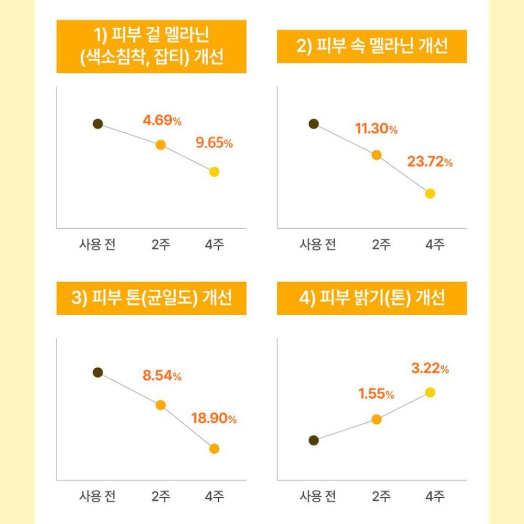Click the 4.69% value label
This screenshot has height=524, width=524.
point(162,120)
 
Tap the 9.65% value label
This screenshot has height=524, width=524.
point(214,143)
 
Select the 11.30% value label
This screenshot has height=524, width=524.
point(377,129)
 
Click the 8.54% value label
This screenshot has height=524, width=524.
point(162,376)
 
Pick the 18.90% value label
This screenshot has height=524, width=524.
point(214,419)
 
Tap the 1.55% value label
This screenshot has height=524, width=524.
point(376,394)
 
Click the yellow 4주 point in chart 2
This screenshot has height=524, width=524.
point(430,194)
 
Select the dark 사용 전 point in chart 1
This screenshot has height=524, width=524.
point(98,124)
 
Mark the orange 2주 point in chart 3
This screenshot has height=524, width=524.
point(161,405)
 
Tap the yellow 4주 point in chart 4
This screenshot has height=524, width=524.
point(430,392)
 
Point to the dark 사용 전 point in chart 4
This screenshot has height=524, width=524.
point(314,440)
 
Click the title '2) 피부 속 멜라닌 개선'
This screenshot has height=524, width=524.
point(372,47)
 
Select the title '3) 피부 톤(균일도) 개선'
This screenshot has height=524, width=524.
point(151,298)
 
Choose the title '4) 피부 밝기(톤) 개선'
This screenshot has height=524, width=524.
point(372,298)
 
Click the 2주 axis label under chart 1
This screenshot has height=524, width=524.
point(161,244)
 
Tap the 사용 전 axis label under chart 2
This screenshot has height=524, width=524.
point(317,244)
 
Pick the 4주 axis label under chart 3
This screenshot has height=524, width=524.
point(215,496)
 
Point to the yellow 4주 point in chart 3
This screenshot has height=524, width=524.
point(214,448)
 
